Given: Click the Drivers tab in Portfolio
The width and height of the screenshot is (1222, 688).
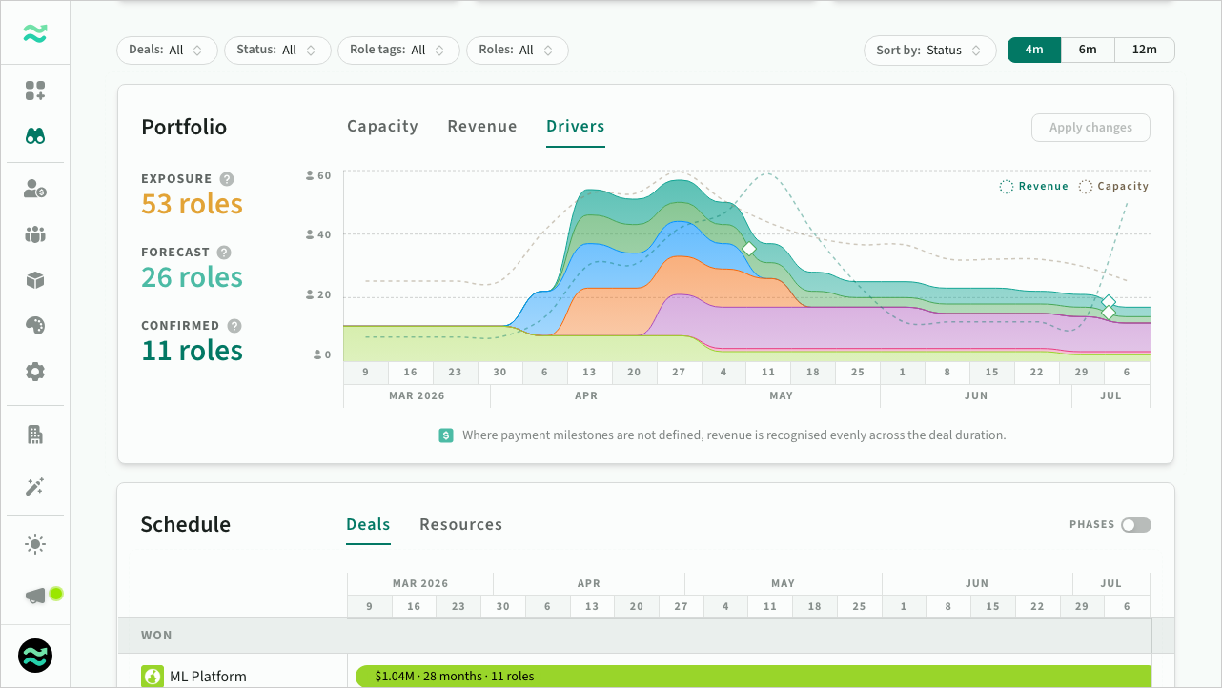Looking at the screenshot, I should (575, 127).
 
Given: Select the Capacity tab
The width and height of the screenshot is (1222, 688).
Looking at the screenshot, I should (382, 127).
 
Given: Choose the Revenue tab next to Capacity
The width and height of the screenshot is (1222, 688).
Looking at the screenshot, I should (482, 127).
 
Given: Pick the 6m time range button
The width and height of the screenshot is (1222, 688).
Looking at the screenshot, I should (1088, 51).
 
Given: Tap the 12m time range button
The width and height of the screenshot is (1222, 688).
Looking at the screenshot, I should (1144, 51).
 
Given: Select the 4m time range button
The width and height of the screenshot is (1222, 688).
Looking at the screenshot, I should (1034, 51).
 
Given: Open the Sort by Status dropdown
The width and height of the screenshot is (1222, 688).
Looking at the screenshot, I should (929, 51).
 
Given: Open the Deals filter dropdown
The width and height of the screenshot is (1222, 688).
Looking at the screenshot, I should (167, 51).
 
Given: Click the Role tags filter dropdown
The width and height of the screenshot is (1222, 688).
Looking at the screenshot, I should (398, 51).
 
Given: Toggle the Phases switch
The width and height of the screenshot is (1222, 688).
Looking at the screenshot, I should (1135, 525).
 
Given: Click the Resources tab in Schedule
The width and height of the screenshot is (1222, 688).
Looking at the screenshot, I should (460, 525).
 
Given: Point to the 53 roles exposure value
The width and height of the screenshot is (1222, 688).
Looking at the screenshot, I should (192, 204).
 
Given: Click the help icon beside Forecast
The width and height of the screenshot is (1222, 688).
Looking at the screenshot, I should (224, 253).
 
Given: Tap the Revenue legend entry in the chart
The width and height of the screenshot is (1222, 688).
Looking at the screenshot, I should (1034, 187).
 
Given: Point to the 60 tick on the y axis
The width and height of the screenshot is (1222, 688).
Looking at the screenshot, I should (324, 175).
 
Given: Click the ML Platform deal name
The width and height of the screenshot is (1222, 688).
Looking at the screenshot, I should (208, 677).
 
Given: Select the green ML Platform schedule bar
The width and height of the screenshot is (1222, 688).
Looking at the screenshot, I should (753, 677).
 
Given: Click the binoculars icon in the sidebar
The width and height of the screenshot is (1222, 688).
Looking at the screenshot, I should (35, 136).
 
